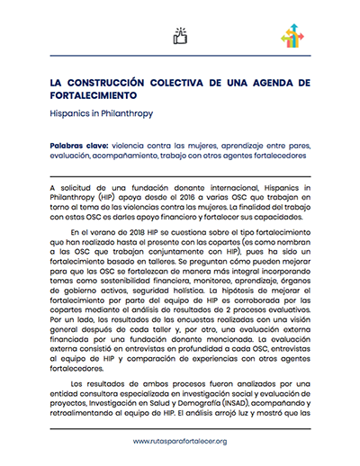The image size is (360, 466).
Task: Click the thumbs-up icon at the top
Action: pyautogui.click(x=179, y=36)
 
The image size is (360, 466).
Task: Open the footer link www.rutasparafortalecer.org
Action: pyautogui.click(x=179, y=441)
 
